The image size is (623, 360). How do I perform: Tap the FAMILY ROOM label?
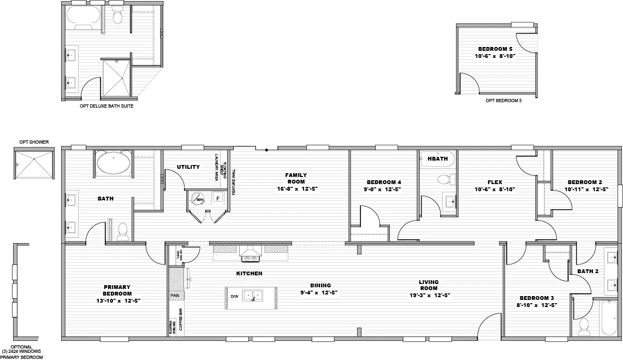click(296, 178)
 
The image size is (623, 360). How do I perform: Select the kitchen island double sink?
click(252, 296)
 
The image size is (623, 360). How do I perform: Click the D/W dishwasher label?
click(234, 296)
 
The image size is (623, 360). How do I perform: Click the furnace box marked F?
click(217, 198)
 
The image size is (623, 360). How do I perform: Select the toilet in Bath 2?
click(584, 326)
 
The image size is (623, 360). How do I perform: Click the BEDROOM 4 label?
click(384, 182)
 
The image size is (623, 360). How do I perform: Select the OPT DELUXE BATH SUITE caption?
click(106, 107)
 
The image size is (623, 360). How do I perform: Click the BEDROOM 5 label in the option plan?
click(495, 49)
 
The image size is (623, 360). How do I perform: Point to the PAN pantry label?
click(175, 295)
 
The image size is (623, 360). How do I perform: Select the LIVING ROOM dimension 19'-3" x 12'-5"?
click(429, 295)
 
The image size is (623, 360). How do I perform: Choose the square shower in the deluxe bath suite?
click(116, 78)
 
